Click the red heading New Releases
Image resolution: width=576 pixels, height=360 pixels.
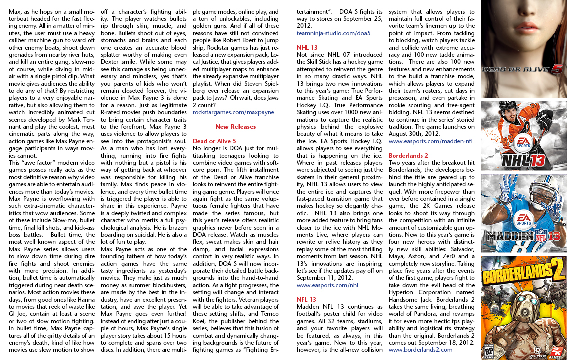235,127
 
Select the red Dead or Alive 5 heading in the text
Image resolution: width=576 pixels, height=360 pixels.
214,141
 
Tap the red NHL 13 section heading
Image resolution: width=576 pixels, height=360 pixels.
306,48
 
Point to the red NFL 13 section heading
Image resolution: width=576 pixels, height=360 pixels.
306,300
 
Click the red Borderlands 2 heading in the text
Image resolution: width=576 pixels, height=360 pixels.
408,156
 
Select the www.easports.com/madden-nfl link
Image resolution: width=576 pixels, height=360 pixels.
430,141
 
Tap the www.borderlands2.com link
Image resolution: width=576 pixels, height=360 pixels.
420,350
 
